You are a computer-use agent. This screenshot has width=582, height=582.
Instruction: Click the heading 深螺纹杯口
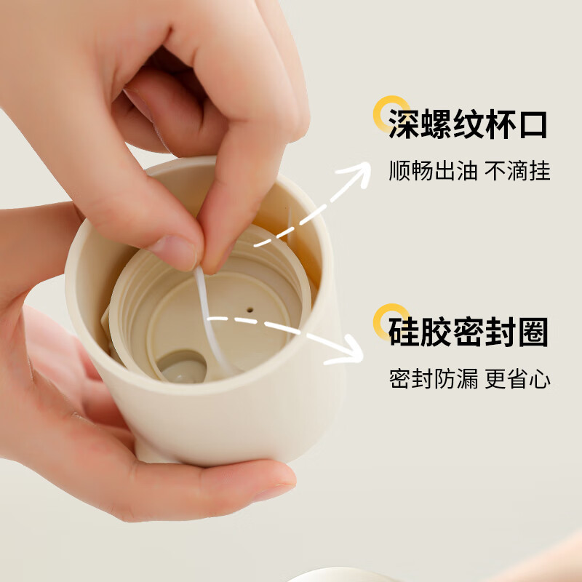tap(468, 124)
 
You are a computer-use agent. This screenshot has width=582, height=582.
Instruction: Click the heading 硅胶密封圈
tap(468, 332)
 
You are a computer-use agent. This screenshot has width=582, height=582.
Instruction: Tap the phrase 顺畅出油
tap(433, 171)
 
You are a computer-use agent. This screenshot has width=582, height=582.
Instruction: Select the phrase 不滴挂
tap(517, 171)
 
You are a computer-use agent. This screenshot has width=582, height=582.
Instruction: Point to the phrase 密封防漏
tap(433, 378)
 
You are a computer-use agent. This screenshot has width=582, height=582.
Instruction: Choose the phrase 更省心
tap(517, 378)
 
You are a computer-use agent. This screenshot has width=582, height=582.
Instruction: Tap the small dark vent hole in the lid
tap(250, 310)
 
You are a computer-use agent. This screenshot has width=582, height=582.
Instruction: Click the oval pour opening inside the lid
tap(182, 366)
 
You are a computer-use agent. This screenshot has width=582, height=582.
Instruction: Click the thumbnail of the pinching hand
tap(175, 252)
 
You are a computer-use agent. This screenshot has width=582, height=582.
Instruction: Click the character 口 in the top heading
tap(533, 124)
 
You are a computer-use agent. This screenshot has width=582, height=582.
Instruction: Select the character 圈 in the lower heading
tap(533, 332)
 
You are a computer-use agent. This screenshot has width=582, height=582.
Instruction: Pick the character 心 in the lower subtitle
tap(540, 378)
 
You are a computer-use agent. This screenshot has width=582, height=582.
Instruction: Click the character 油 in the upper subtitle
tap(466, 171)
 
